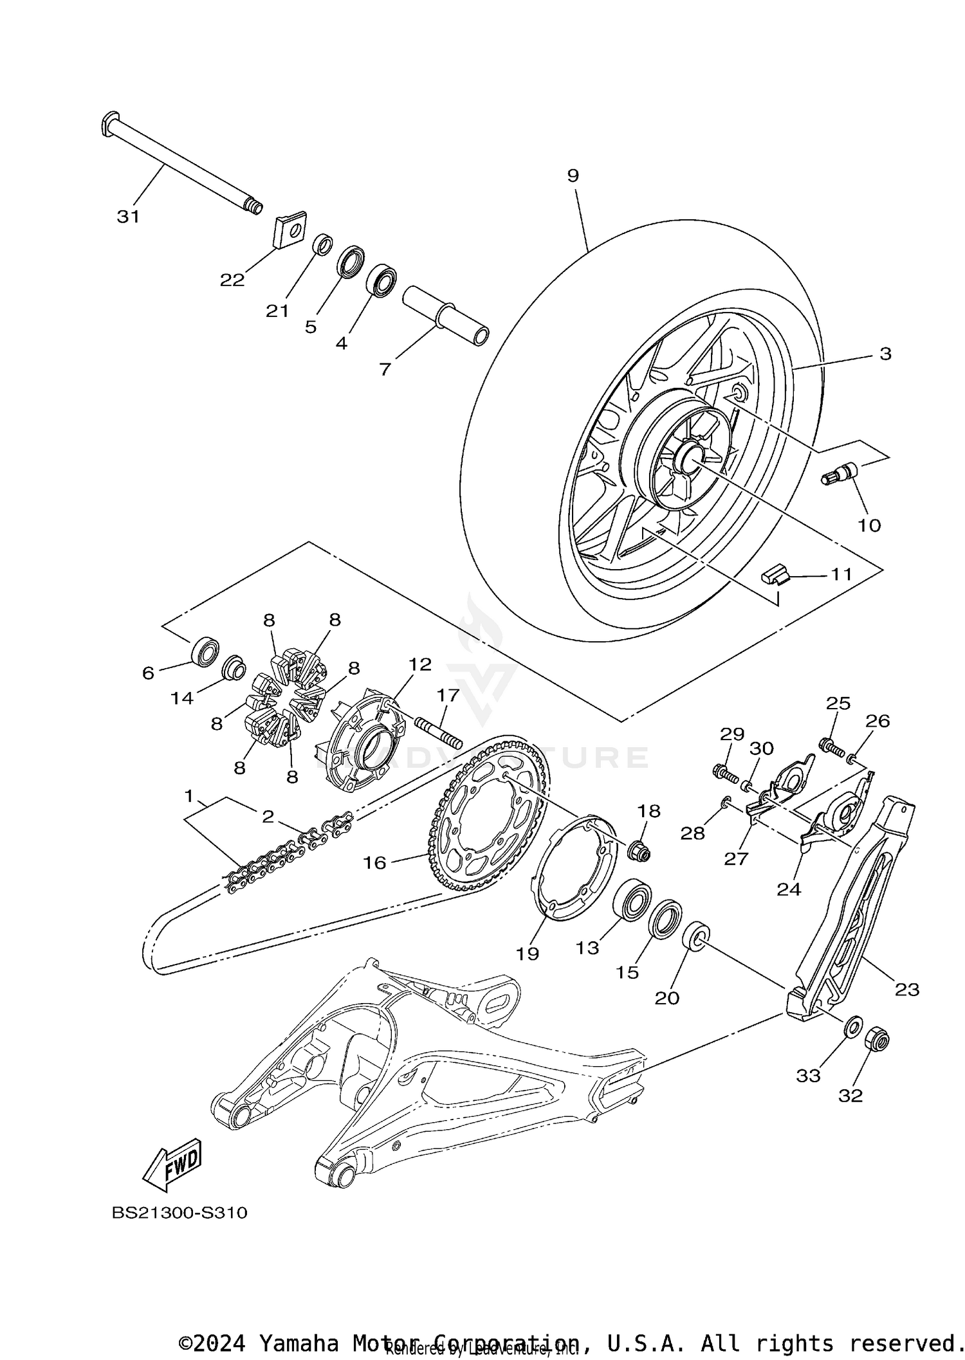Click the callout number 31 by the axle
(128, 217)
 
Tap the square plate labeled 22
(290, 230)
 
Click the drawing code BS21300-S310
(179, 1213)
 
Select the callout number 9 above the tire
(573, 176)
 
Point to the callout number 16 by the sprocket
(374, 863)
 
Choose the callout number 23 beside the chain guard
(907, 990)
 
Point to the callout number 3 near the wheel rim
(885, 354)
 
